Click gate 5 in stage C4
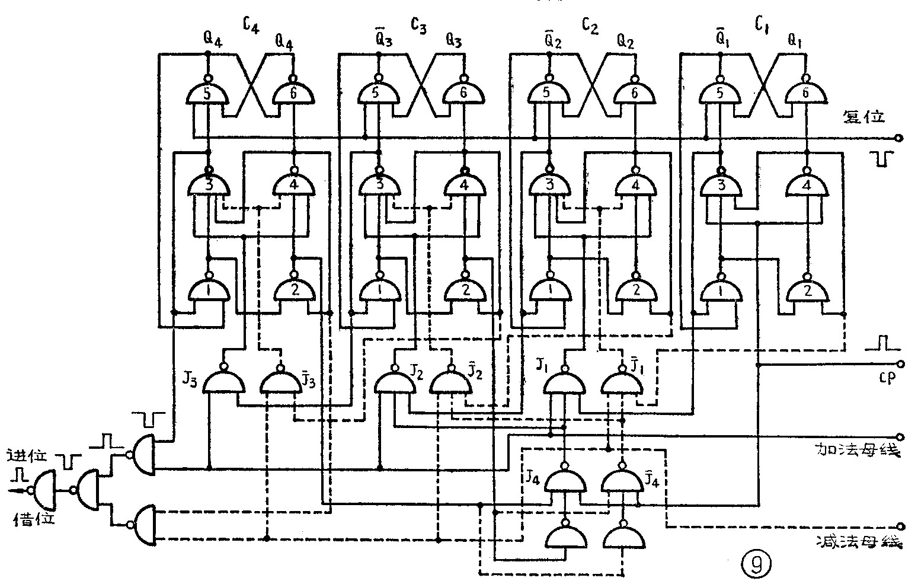coord(207,93)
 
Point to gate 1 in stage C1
coord(721,290)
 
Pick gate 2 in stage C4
coord(294,290)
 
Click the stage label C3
coord(418,26)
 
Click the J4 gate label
coord(530,475)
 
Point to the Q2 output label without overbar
coord(625,41)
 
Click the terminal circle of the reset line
coord(900,138)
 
